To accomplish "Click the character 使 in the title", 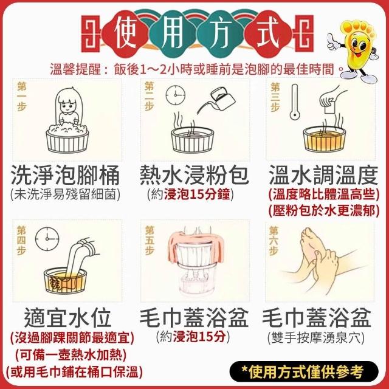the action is [126, 34].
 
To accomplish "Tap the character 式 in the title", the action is [268, 33].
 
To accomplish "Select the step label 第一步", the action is [22, 97].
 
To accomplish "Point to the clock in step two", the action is [176, 95].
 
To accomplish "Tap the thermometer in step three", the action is [295, 102].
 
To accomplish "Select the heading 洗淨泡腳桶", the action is [65, 176].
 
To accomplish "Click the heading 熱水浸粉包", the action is [194, 175].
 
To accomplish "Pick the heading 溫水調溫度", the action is [323, 175].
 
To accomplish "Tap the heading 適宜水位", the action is [67, 318].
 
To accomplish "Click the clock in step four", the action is [47, 239].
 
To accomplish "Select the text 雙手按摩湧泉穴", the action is [316, 338].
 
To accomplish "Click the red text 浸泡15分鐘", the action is [197, 194].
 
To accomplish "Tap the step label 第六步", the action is [274, 241].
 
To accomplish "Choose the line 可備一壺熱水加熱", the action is [71, 355].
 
